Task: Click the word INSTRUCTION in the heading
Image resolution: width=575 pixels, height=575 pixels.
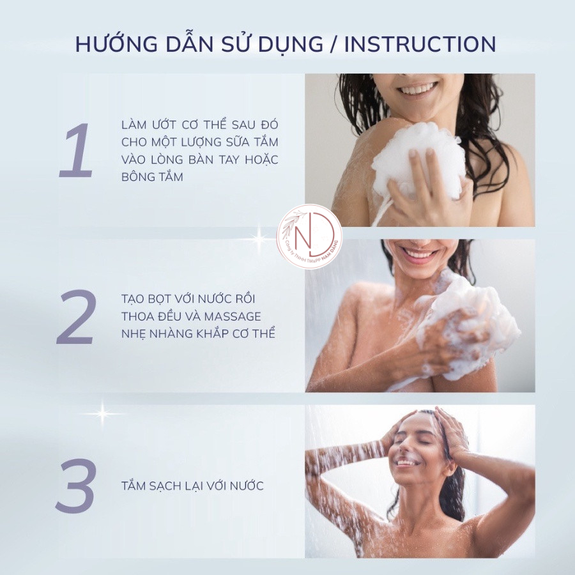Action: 420,44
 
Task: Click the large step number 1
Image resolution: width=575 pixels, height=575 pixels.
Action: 76,151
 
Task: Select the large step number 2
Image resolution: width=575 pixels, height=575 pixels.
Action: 76,317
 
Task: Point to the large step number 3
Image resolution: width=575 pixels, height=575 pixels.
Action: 76,486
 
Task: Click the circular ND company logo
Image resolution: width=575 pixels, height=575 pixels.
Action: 309,237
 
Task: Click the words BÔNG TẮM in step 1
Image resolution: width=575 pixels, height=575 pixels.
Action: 152,177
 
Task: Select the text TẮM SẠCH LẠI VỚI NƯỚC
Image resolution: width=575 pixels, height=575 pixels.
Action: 192,486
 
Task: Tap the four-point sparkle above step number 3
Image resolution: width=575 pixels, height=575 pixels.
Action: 102,413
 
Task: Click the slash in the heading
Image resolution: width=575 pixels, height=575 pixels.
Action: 333,44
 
